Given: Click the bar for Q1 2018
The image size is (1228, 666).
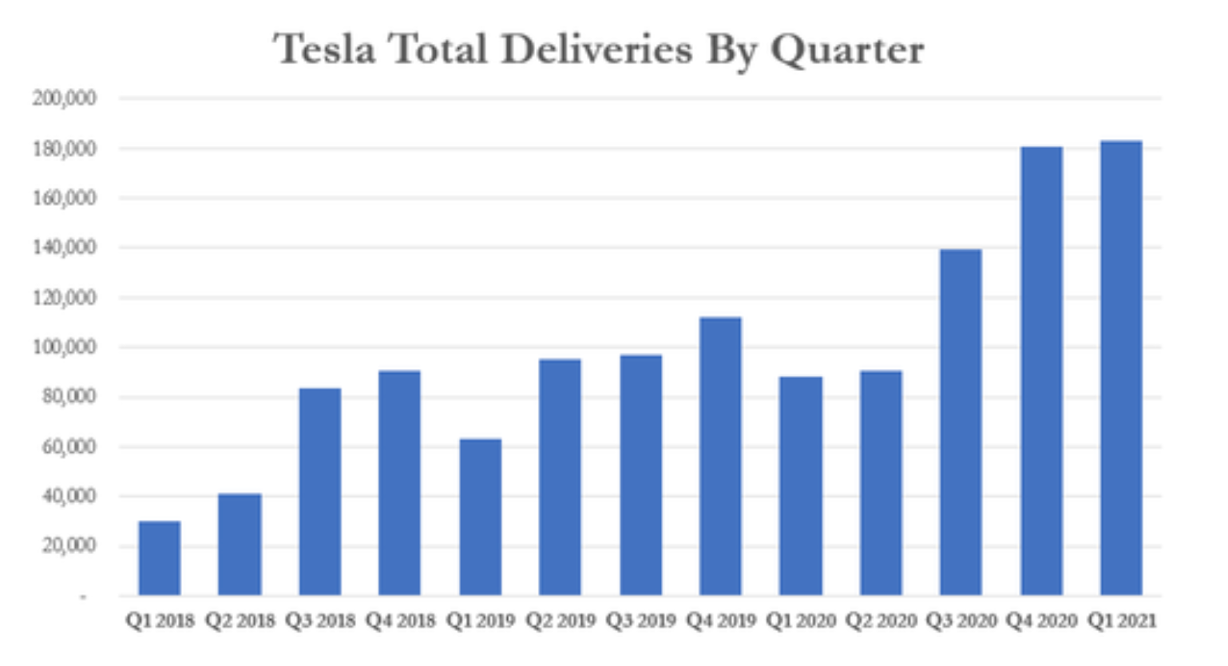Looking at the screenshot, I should pos(160,558).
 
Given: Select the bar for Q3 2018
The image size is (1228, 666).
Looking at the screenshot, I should pos(320,492).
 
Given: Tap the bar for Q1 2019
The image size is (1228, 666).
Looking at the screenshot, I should pos(481,517).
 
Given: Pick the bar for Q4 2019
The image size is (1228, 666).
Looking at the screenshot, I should pos(720,456).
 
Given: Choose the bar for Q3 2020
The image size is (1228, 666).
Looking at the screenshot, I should pos(961,422).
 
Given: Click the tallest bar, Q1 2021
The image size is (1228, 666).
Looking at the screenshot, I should pos(1121,368).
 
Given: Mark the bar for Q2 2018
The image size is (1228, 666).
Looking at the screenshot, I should pos(240,545).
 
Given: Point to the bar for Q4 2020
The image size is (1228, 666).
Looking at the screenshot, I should pos(1041,371).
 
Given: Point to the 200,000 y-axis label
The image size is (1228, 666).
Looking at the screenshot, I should pos(65,98).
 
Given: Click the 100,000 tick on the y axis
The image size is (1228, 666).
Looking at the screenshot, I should pos(65,347).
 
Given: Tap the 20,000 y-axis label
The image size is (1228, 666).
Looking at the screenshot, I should pos(69,546).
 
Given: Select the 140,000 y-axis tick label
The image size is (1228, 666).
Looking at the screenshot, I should pos(65,248).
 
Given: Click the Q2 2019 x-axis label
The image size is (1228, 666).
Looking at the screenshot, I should pos(561,620).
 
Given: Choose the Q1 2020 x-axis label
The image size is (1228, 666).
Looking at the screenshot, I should pos(801,620).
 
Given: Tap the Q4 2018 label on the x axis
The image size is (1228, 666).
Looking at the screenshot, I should pos(400,620).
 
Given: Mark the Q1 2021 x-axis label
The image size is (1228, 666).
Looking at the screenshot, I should pos(1121,620).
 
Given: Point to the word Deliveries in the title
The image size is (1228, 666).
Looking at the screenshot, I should pos(596,50).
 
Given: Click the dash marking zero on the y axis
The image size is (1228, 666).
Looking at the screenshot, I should pos(82,596).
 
